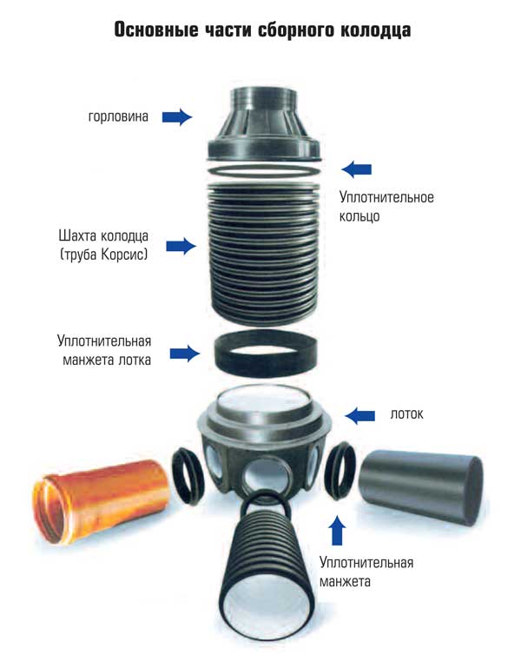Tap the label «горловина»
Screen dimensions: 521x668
click(118, 116)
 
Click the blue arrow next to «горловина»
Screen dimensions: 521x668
click(177, 116)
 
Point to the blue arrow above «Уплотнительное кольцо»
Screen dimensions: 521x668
click(357, 169)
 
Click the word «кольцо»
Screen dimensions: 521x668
click(359, 216)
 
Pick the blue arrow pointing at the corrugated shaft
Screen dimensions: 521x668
click(181, 246)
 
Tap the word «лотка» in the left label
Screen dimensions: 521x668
click(135, 360)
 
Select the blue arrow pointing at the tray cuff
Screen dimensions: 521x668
click(185, 354)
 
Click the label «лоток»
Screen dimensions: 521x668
click(407, 414)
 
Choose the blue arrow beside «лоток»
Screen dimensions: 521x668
click(360, 416)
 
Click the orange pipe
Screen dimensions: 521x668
click(102, 500)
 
